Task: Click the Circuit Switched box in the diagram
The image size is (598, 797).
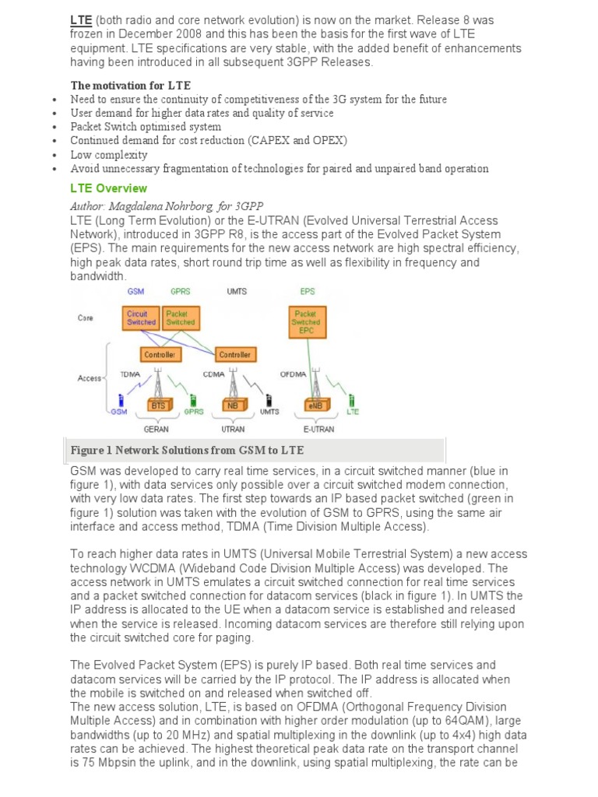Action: coord(140,318)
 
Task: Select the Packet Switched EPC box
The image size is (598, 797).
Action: coord(305,322)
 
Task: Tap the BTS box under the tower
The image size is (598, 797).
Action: coord(159,406)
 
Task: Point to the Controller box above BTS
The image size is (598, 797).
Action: coord(161,354)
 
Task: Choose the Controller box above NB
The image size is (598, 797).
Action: coord(234,354)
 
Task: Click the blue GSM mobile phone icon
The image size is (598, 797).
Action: coord(120,399)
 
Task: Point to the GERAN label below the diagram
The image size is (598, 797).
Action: coord(156,429)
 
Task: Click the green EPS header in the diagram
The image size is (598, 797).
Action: coord(307,291)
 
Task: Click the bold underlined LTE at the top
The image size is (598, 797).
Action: coord(81,19)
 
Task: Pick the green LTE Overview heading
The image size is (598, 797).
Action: coord(108,188)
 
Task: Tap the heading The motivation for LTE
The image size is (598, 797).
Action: coord(130,86)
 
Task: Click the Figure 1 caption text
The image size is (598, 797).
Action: coord(187,451)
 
